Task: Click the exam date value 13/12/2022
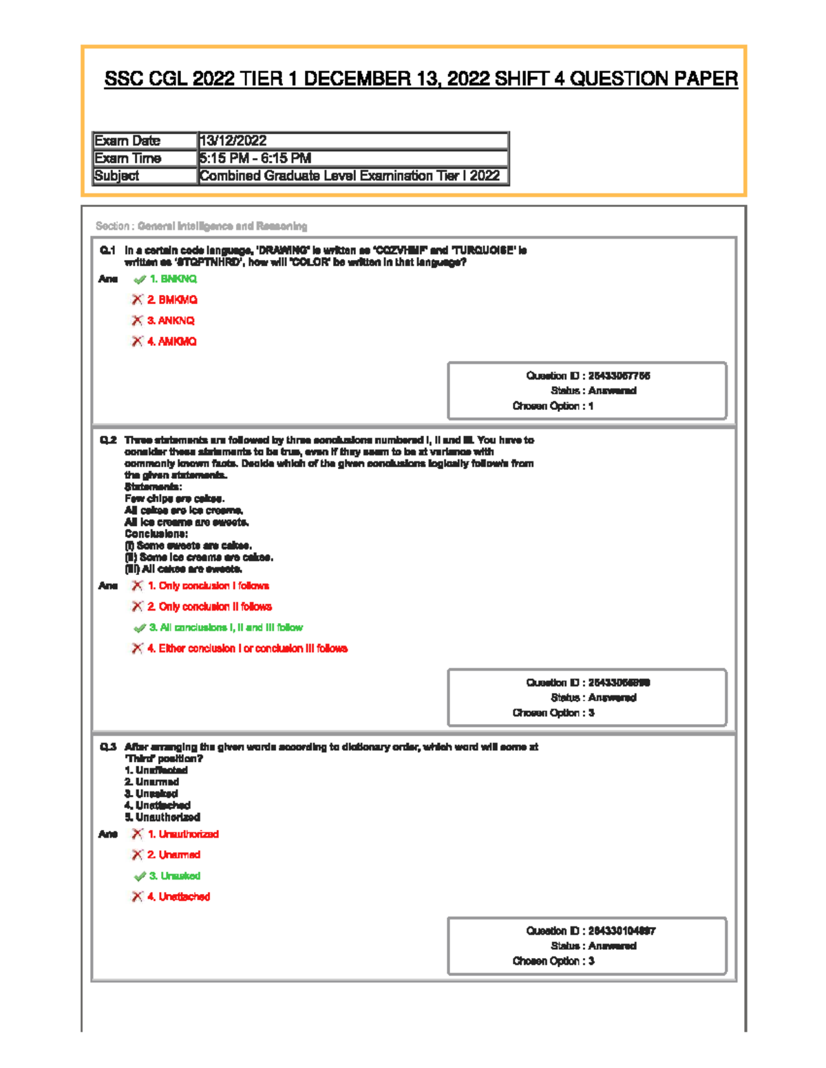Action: pyautogui.click(x=233, y=141)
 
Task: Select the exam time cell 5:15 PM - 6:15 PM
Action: pyautogui.click(x=255, y=158)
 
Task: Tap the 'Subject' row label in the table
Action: pyautogui.click(x=116, y=176)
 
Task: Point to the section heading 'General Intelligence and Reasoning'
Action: pyautogui.click(x=222, y=226)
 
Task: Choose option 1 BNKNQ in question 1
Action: pyautogui.click(x=173, y=279)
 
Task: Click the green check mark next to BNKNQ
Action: pyautogui.click(x=139, y=280)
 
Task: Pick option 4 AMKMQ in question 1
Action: pyautogui.click(x=171, y=342)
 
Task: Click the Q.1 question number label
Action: pyautogui.click(x=107, y=251)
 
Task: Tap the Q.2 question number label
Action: pyautogui.click(x=107, y=440)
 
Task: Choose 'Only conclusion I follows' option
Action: pyautogui.click(x=208, y=586)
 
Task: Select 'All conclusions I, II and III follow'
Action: pyautogui.click(x=226, y=628)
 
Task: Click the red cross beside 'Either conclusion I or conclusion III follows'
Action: pyautogui.click(x=137, y=649)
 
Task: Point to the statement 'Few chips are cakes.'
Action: pyautogui.click(x=174, y=499)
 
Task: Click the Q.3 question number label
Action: pyautogui.click(x=107, y=747)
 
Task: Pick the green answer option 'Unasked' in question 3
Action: pyautogui.click(x=175, y=876)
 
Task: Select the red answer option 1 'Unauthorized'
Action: pyautogui.click(x=182, y=834)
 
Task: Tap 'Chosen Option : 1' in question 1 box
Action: pyautogui.click(x=553, y=406)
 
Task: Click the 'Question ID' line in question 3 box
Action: pyautogui.click(x=591, y=931)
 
